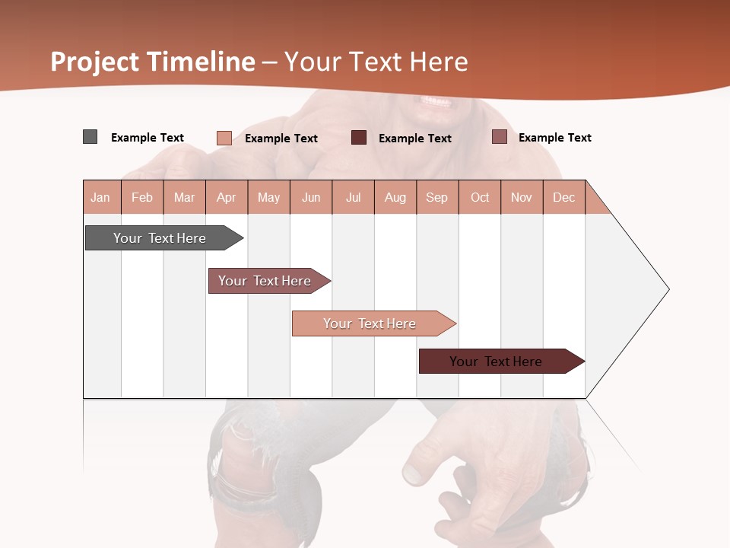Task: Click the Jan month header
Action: pyautogui.click(x=100, y=197)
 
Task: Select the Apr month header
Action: pyautogui.click(x=226, y=197)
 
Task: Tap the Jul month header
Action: pyautogui.click(x=353, y=197)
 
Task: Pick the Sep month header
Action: pyautogui.click(x=436, y=197)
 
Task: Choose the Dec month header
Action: pyautogui.click(x=563, y=197)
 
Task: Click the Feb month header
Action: pyautogui.click(x=142, y=197)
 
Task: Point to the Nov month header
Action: pyautogui.click(x=521, y=197)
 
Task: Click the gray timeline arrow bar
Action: pyautogui.click(x=160, y=238)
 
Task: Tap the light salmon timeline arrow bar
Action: pyautogui.click(x=370, y=323)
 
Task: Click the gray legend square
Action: pyautogui.click(x=90, y=137)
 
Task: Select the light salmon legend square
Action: pyautogui.click(x=224, y=138)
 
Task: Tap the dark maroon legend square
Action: pyautogui.click(x=358, y=138)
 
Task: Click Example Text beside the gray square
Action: pyautogui.click(x=148, y=138)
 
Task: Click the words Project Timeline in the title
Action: pyautogui.click(x=152, y=62)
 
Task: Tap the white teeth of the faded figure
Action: pyautogui.click(x=436, y=101)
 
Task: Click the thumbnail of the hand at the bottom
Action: pyautogui.click(x=414, y=473)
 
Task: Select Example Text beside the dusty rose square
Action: pyautogui.click(x=554, y=138)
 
